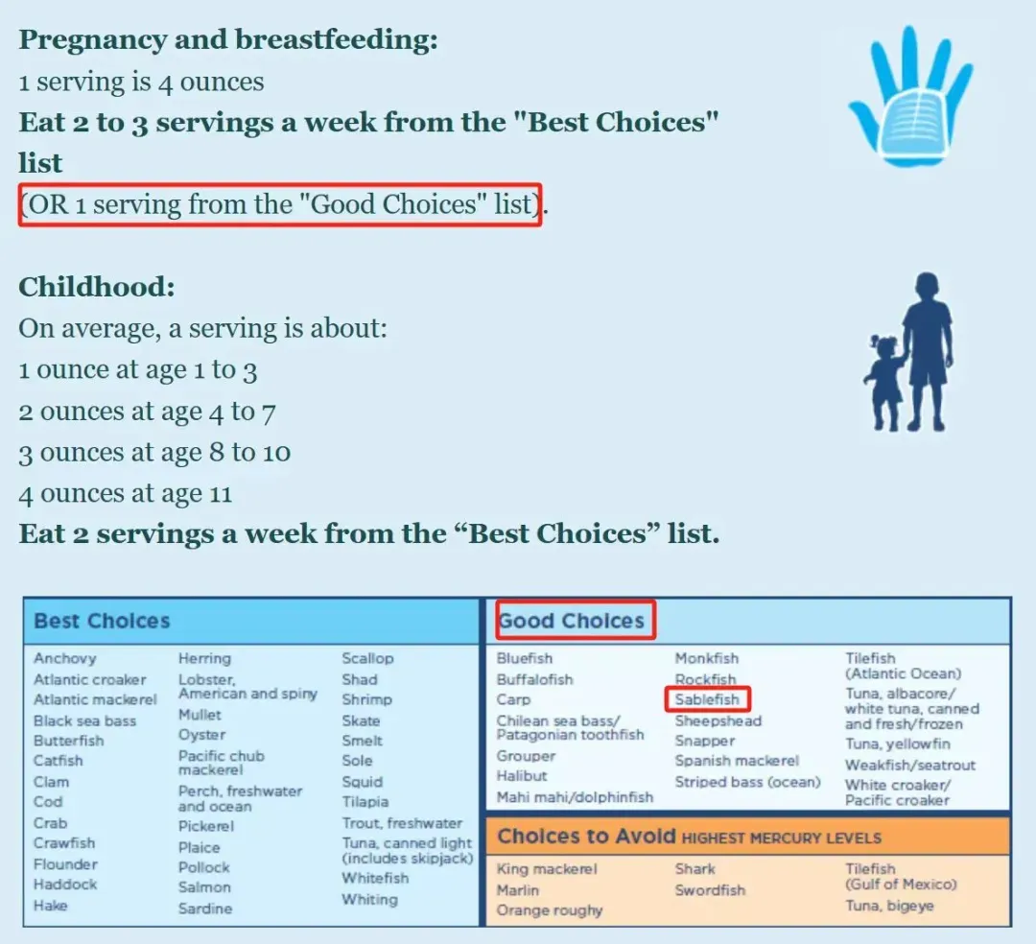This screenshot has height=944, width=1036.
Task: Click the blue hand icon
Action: pos(910,99)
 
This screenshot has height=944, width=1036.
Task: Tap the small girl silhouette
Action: pos(885,383)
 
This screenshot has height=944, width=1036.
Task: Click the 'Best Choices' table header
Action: pos(102,621)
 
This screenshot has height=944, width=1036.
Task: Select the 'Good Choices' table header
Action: pos(571,621)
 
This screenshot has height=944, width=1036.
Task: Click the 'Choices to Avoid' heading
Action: pos(586,837)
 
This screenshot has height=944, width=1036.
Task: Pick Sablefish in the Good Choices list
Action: pos(707,699)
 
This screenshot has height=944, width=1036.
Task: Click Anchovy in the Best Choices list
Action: pos(65,659)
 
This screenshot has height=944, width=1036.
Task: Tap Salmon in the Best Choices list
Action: pos(204,887)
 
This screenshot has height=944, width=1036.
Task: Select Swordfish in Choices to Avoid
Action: pos(710,890)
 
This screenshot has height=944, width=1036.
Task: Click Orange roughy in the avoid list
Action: pos(549,911)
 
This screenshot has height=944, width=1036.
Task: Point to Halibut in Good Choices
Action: pos(521,776)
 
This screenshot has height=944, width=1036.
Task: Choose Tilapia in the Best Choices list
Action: pos(365,802)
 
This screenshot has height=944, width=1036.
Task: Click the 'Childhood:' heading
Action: pos(97,288)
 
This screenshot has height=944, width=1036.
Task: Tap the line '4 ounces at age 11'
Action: pos(125,493)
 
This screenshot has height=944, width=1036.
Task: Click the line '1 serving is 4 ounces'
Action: pos(141,82)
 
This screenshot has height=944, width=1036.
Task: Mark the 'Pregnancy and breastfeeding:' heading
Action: pos(228,39)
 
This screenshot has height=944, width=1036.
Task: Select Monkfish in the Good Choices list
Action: pos(706,659)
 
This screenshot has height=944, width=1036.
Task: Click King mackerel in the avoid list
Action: pos(547,869)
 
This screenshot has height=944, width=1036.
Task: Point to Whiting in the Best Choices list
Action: pos(369,900)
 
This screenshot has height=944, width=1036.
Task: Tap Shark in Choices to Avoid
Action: pos(695,869)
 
